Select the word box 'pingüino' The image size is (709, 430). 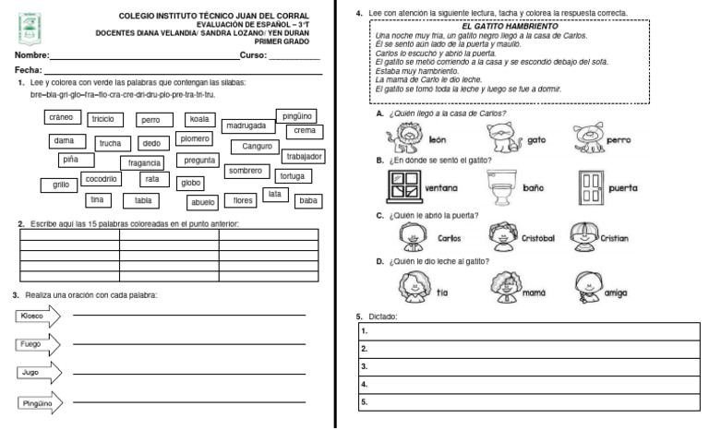[297, 116]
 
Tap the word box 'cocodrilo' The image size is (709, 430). [100, 178]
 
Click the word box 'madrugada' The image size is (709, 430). [246, 125]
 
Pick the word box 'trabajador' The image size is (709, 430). [304, 157]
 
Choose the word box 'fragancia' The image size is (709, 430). [145, 162]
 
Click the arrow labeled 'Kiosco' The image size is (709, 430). [38, 316]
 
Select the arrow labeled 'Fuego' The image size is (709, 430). [37, 344]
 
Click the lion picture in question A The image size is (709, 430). [404, 139]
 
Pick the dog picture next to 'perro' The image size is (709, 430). [586, 139]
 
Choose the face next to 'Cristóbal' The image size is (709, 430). [504, 236]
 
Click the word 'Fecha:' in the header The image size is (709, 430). [28, 70]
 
